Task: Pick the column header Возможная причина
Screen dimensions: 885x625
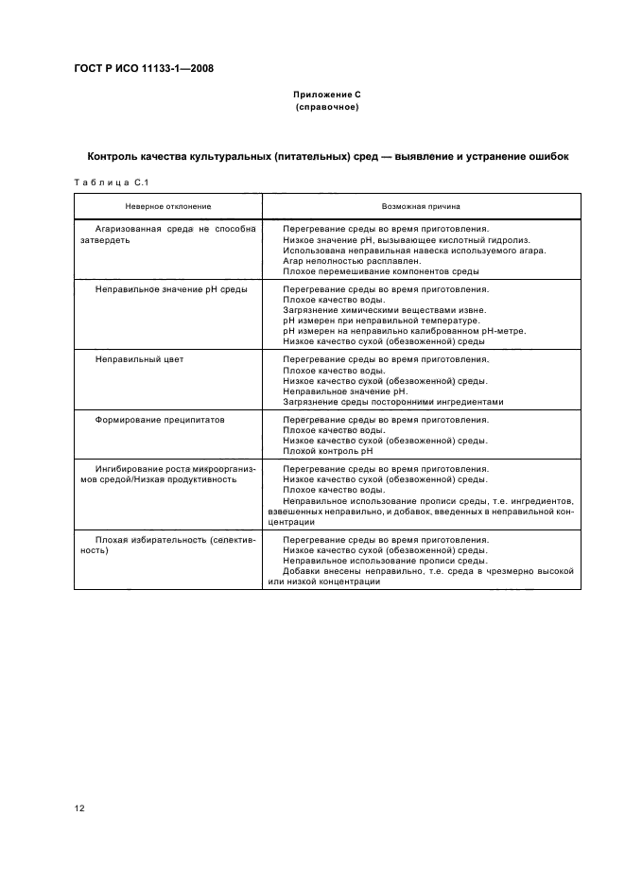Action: coord(422,205)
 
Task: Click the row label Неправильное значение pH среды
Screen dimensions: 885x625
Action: coord(171,289)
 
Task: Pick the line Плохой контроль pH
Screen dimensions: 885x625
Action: coord(328,451)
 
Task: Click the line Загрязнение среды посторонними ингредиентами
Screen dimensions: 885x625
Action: coord(392,401)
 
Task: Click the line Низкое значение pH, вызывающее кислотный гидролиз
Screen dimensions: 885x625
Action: coord(406,240)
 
